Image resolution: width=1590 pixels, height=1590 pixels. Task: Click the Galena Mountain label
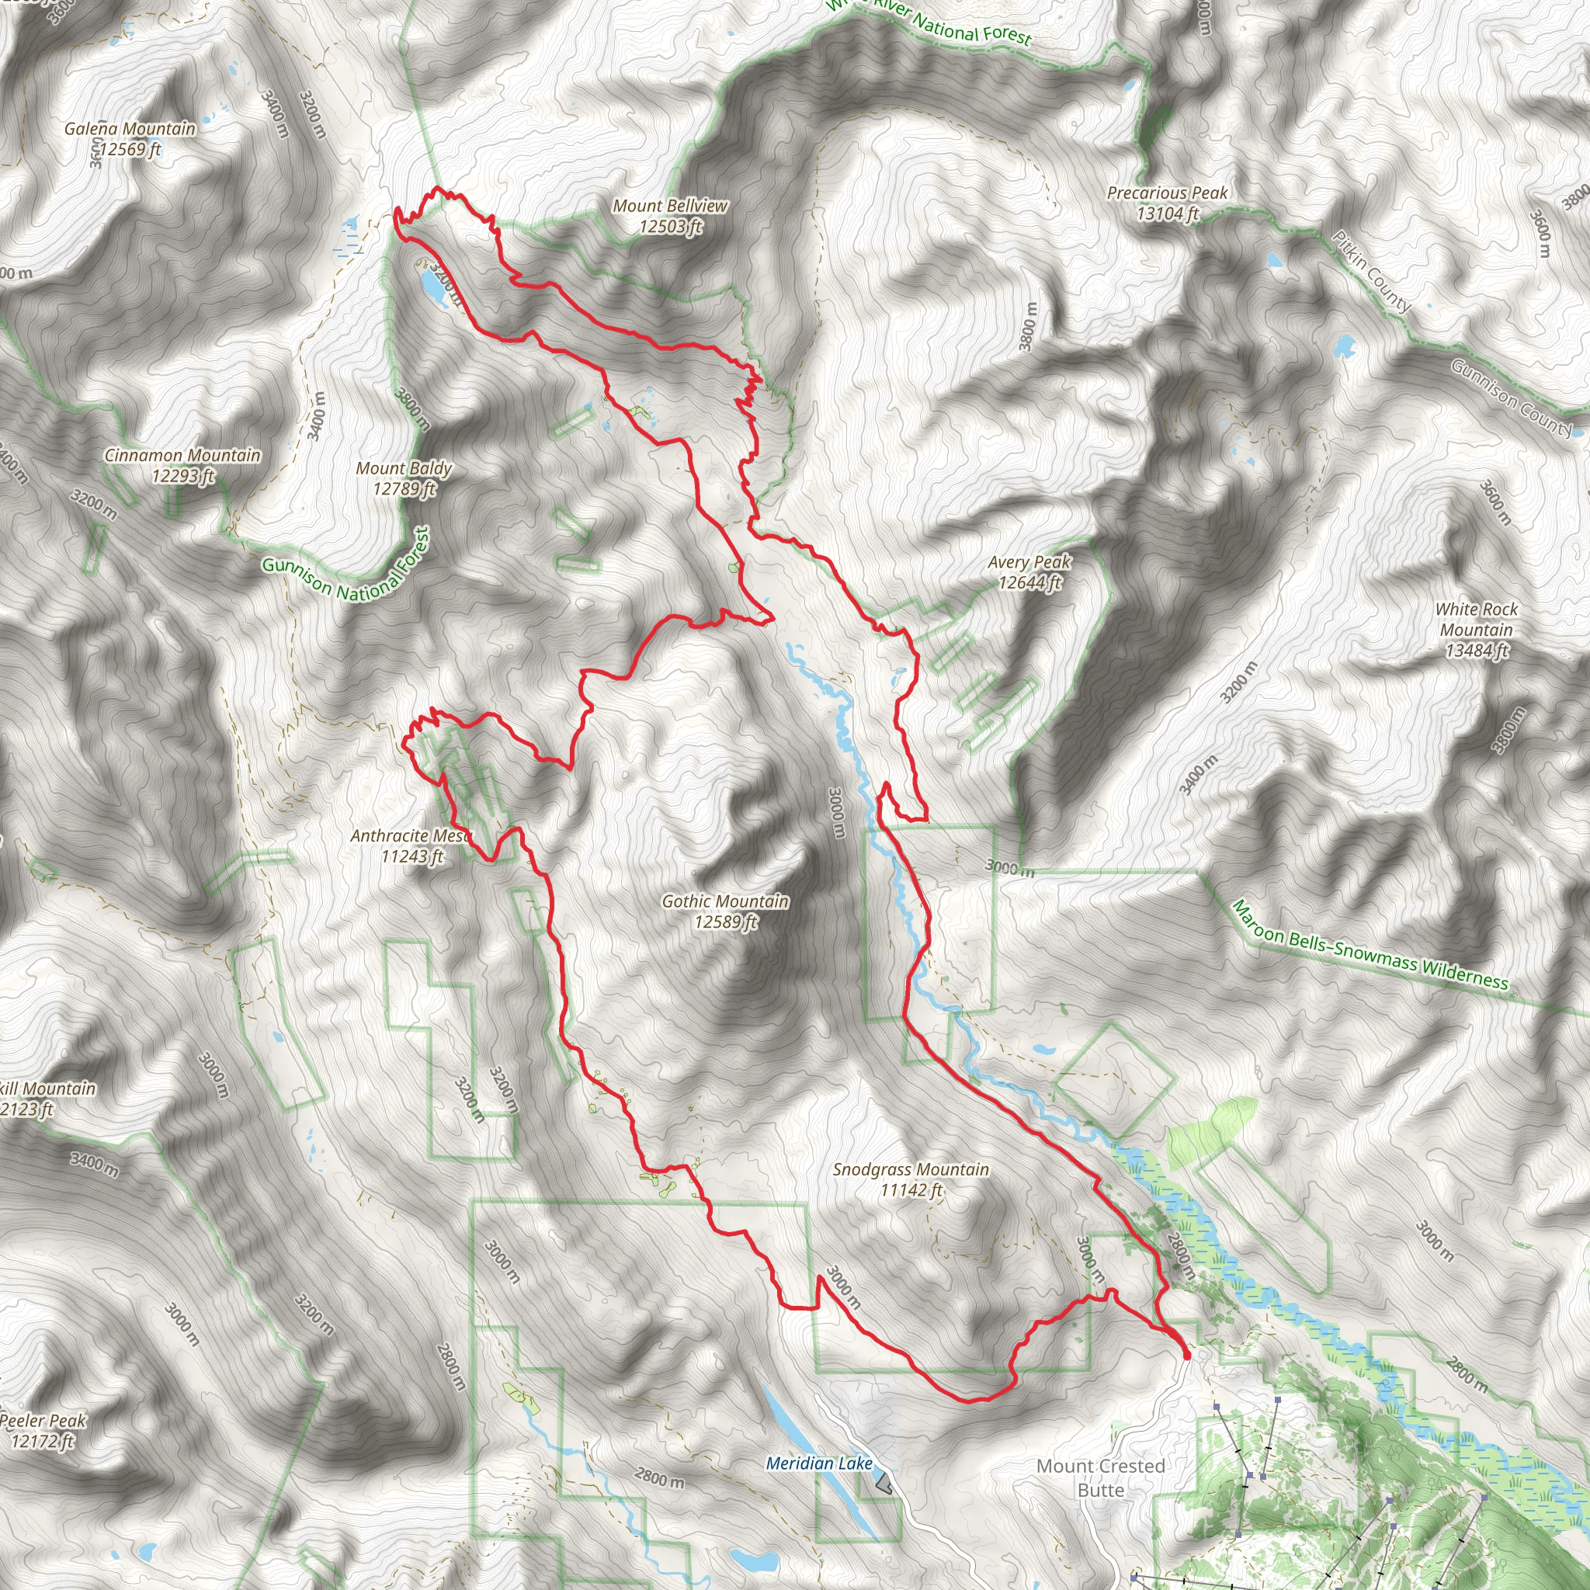(130, 128)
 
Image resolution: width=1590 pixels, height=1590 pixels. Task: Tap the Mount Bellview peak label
(670, 206)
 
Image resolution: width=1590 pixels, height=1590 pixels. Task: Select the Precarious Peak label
(1167, 193)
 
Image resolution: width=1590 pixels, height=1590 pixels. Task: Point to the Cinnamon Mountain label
(182, 455)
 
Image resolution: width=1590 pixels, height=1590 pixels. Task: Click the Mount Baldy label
(404, 468)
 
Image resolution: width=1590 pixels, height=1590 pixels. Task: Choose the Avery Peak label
(1029, 562)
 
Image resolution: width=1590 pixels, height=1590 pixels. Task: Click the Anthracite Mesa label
(410, 836)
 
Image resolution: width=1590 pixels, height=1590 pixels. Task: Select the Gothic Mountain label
(725, 902)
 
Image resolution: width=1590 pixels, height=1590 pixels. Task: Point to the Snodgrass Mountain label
(910, 1169)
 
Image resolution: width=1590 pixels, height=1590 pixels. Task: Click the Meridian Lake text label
(819, 1463)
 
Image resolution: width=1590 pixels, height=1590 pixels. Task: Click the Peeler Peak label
(43, 1421)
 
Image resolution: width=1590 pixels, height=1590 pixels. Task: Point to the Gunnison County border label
(1510, 397)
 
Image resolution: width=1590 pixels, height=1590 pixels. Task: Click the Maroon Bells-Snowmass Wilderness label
(1370, 945)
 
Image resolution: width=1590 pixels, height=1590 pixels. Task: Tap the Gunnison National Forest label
(345, 570)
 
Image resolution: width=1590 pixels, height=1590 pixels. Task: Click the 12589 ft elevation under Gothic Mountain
(725, 922)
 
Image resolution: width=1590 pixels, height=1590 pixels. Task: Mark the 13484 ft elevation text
(1477, 651)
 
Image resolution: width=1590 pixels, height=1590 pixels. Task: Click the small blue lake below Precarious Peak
(1274, 261)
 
